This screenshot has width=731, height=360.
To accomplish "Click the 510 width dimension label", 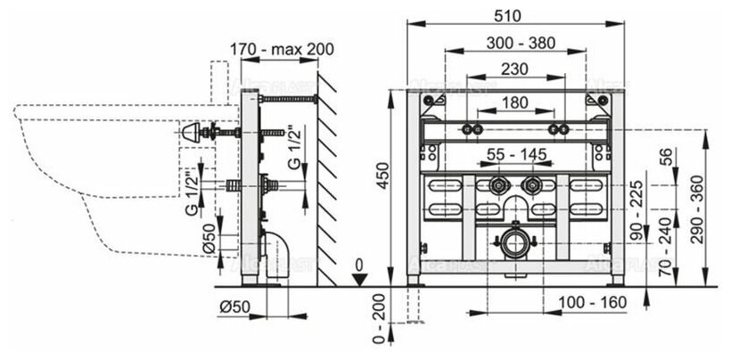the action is [x=510, y=15].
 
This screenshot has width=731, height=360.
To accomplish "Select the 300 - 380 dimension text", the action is [x=511, y=43].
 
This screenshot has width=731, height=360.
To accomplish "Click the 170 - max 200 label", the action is [x=275, y=50].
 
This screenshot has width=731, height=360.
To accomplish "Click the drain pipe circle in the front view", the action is [x=512, y=242].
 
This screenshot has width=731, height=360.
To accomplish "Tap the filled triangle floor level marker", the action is [x=357, y=279].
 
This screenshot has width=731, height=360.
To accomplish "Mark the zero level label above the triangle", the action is [x=357, y=265].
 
